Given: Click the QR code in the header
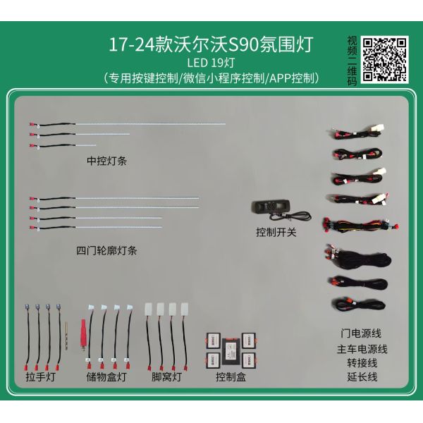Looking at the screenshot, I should coord(384,59).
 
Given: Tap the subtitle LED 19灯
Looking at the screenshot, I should coord(211,63).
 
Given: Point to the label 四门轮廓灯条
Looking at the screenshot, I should coord(106,250).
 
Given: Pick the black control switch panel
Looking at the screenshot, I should coord(271,207).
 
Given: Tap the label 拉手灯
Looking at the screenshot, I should coord(40,377).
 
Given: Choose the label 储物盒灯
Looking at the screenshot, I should coord(106,377).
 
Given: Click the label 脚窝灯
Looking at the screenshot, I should coord(166,377).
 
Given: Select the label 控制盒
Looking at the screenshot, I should coord(231,377).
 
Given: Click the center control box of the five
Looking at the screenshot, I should coord(231,349).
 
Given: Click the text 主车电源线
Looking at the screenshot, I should coord(362,348).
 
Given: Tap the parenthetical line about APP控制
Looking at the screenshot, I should coord(211,78).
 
